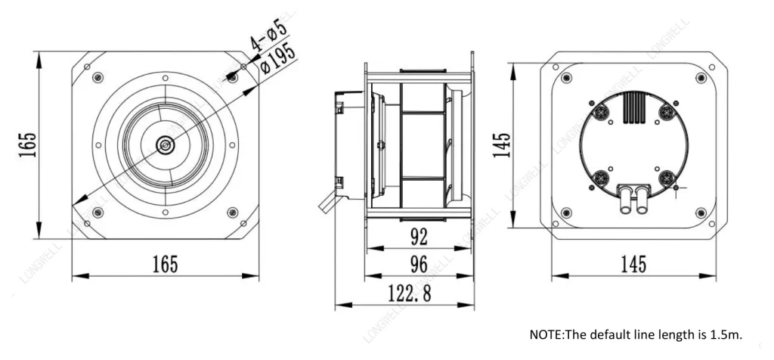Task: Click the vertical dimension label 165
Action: [x=28, y=144]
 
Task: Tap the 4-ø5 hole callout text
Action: [x=268, y=36]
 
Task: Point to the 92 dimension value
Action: [x=419, y=238]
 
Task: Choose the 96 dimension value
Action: [x=419, y=265]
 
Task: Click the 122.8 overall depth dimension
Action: [x=409, y=293]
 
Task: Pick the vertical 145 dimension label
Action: [x=502, y=144]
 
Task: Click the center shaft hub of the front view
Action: [x=165, y=144]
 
